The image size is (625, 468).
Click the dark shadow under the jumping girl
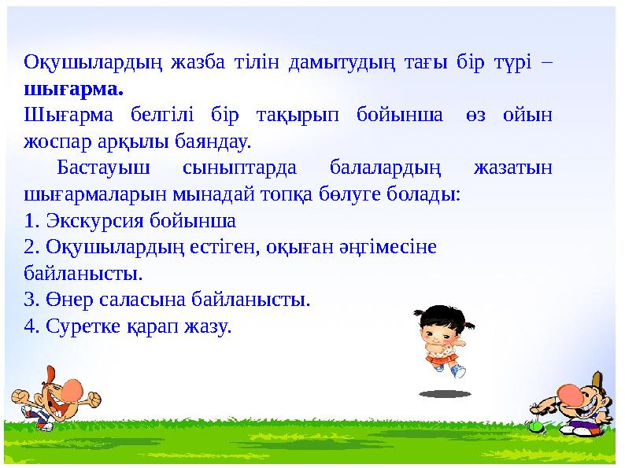(x=445, y=392)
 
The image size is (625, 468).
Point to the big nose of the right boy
(x=573, y=393)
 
